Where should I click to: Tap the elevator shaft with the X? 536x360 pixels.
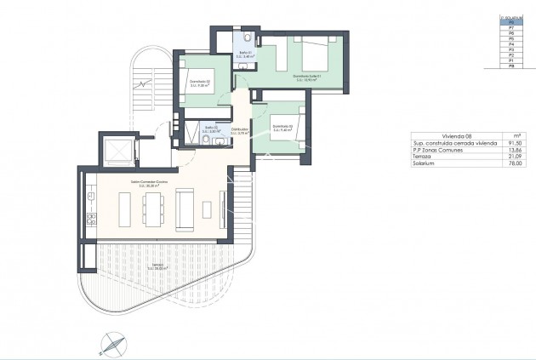113,152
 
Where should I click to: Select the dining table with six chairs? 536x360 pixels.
153,207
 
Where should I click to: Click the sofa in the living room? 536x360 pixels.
183,207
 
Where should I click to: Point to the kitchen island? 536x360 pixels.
125,207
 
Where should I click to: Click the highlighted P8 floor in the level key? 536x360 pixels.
510,24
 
